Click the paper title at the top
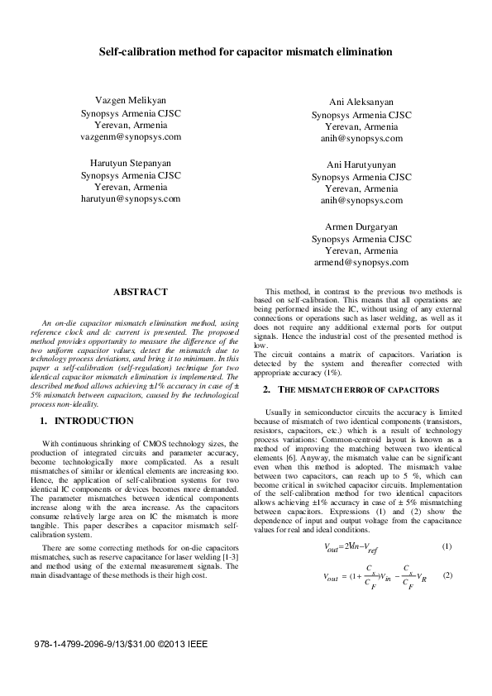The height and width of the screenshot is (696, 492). tap(246, 52)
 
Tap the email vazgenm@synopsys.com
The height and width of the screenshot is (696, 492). tap(131, 136)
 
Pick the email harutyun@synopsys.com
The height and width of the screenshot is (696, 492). tap(131, 200)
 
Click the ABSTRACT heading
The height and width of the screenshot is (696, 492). tap(140, 292)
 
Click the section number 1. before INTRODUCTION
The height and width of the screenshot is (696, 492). tap(45, 421)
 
